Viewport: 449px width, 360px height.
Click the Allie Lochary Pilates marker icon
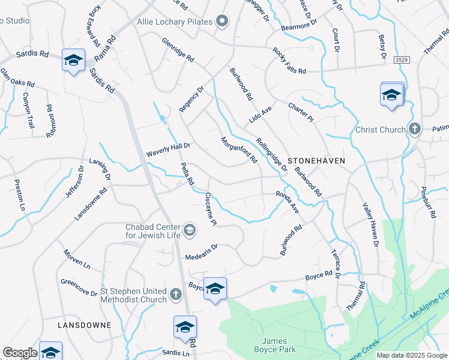coord(222,22)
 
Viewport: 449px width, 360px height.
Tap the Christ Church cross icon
coord(414,130)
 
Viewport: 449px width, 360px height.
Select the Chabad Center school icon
coord(189,230)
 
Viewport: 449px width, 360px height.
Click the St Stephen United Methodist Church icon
coord(175,294)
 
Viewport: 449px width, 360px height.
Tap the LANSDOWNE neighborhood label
coord(84,325)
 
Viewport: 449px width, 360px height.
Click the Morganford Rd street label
coord(239,149)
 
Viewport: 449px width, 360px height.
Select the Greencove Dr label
coord(79,287)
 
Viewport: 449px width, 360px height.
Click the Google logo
coord(20,353)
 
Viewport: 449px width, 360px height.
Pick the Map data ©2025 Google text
coord(412,355)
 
